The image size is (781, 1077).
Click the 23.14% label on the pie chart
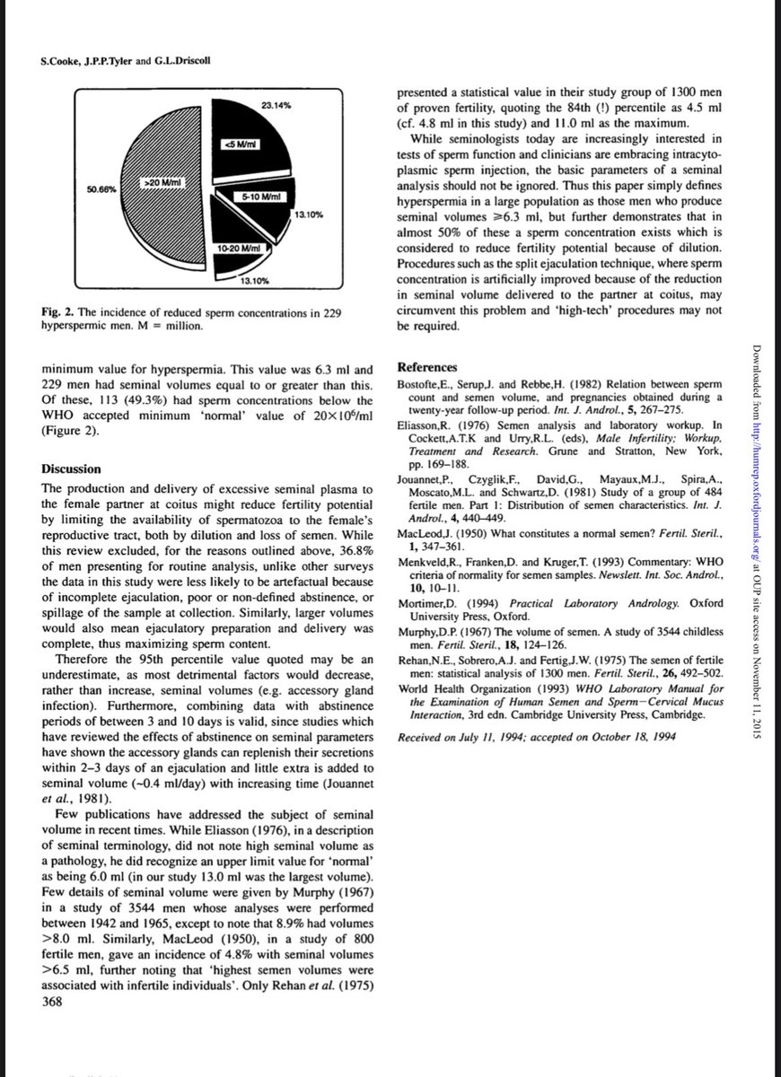click(x=275, y=107)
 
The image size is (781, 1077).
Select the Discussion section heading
click(x=71, y=469)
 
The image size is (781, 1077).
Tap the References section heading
click(x=428, y=368)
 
